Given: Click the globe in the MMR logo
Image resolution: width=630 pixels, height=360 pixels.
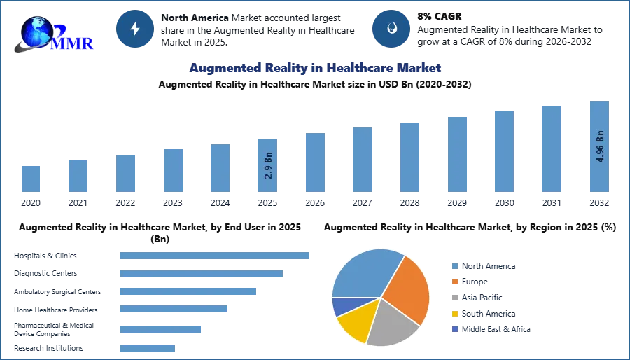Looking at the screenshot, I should [35, 29].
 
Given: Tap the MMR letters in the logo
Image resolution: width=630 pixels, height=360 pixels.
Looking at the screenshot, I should [74, 43].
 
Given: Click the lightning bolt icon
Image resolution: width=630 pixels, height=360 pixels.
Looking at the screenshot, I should [135, 29].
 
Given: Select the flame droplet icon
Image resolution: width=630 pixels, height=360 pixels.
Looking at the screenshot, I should [391, 29].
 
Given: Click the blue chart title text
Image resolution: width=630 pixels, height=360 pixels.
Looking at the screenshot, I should [314, 68].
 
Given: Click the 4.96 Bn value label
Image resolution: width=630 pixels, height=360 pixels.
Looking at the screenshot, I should [600, 145].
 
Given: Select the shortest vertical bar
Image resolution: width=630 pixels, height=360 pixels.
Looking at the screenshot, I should [31, 179].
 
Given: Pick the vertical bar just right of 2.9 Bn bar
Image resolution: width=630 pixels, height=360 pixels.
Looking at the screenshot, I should [314, 162].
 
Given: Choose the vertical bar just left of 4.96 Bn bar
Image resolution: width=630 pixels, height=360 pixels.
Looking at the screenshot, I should [552, 148].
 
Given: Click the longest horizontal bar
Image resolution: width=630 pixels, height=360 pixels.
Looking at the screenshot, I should [215, 257].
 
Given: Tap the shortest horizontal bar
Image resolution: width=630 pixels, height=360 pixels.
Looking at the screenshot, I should [148, 347].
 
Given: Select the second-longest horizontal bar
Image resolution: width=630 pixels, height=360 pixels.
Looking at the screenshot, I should [201, 275].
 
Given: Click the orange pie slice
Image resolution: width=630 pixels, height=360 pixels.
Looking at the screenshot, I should [406, 287].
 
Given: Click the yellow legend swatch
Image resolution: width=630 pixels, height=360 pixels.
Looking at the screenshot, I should [454, 313].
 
